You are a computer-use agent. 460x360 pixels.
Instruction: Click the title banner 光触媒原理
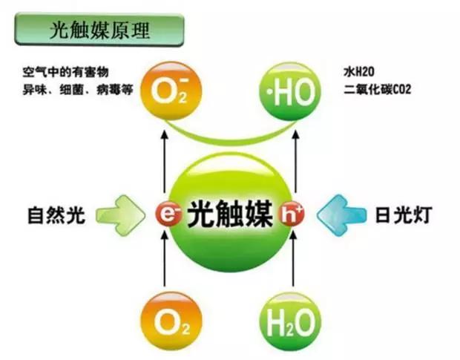click(99, 30)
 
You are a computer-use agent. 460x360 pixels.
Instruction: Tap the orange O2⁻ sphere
click(171, 91)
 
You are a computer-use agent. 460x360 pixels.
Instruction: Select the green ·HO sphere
click(290, 91)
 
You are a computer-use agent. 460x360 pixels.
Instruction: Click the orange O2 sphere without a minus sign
click(171, 321)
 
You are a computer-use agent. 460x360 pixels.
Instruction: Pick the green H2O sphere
click(290, 321)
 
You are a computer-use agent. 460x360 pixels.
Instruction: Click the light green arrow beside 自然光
click(121, 215)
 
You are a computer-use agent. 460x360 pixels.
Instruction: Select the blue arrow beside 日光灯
click(342, 215)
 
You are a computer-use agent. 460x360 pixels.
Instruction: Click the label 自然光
click(56, 215)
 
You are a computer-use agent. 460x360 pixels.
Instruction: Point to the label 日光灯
click(404, 215)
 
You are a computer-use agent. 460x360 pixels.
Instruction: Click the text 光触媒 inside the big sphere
click(230, 214)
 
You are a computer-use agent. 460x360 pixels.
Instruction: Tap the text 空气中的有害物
click(66, 72)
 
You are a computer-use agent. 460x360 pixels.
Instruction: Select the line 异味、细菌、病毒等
click(78, 90)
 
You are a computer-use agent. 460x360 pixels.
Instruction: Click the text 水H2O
click(359, 72)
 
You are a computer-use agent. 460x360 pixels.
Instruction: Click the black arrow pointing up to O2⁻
click(164, 162)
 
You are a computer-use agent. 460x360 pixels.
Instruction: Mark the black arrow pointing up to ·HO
click(296, 162)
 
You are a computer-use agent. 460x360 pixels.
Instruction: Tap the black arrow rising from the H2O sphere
click(293, 258)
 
